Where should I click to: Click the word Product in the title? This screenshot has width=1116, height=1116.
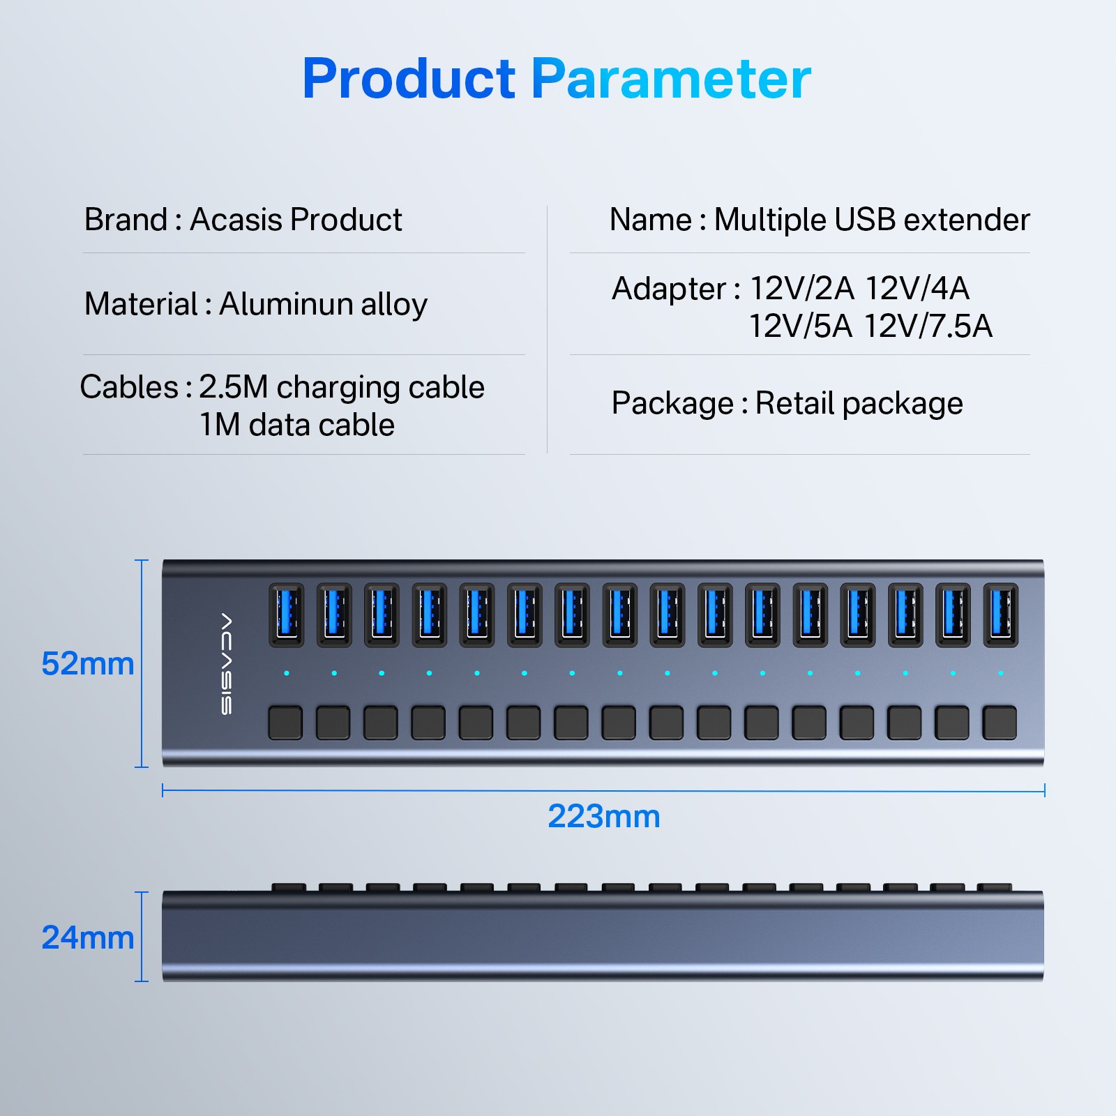click(409, 79)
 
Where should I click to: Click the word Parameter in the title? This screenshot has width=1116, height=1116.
click(671, 79)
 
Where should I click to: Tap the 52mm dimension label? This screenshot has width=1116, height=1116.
click(87, 663)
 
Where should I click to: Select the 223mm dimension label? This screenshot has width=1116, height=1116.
click(603, 816)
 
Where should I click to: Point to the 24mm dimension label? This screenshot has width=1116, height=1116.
click(87, 937)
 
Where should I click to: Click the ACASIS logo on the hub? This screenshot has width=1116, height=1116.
click(227, 663)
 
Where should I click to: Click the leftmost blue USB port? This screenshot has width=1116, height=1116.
click(286, 614)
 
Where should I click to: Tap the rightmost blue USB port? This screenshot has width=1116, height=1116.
click(1000, 614)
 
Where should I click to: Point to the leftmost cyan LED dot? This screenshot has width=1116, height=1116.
click(287, 673)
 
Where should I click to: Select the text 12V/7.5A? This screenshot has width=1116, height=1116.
click(928, 326)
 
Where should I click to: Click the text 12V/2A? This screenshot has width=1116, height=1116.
click(801, 288)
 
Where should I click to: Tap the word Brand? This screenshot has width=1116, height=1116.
click(126, 220)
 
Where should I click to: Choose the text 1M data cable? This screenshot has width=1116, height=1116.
click(297, 425)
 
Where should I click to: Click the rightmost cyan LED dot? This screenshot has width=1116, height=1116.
click(1000, 673)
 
